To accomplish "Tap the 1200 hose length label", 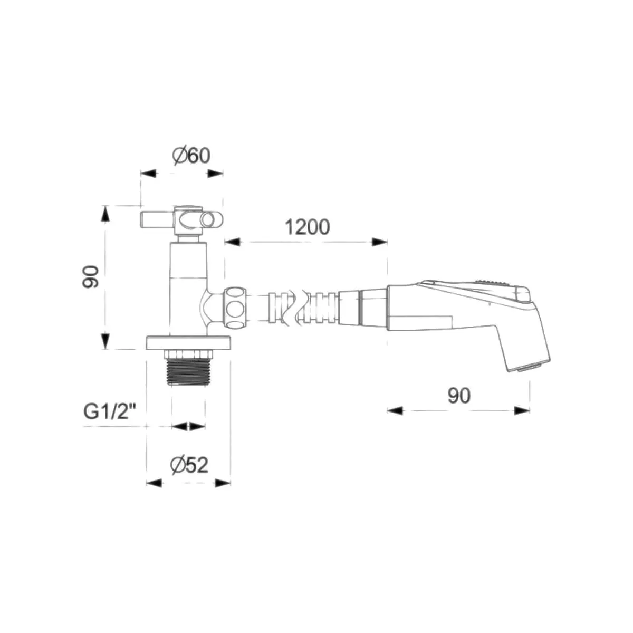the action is click(307, 227).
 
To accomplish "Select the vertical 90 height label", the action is click(91, 277).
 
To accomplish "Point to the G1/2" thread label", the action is click(110, 413).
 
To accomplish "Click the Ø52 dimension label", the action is click(189, 465).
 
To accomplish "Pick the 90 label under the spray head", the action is click(459, 396).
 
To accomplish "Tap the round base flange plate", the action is click(188, 343).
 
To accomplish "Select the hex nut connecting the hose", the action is click(235, 308).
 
